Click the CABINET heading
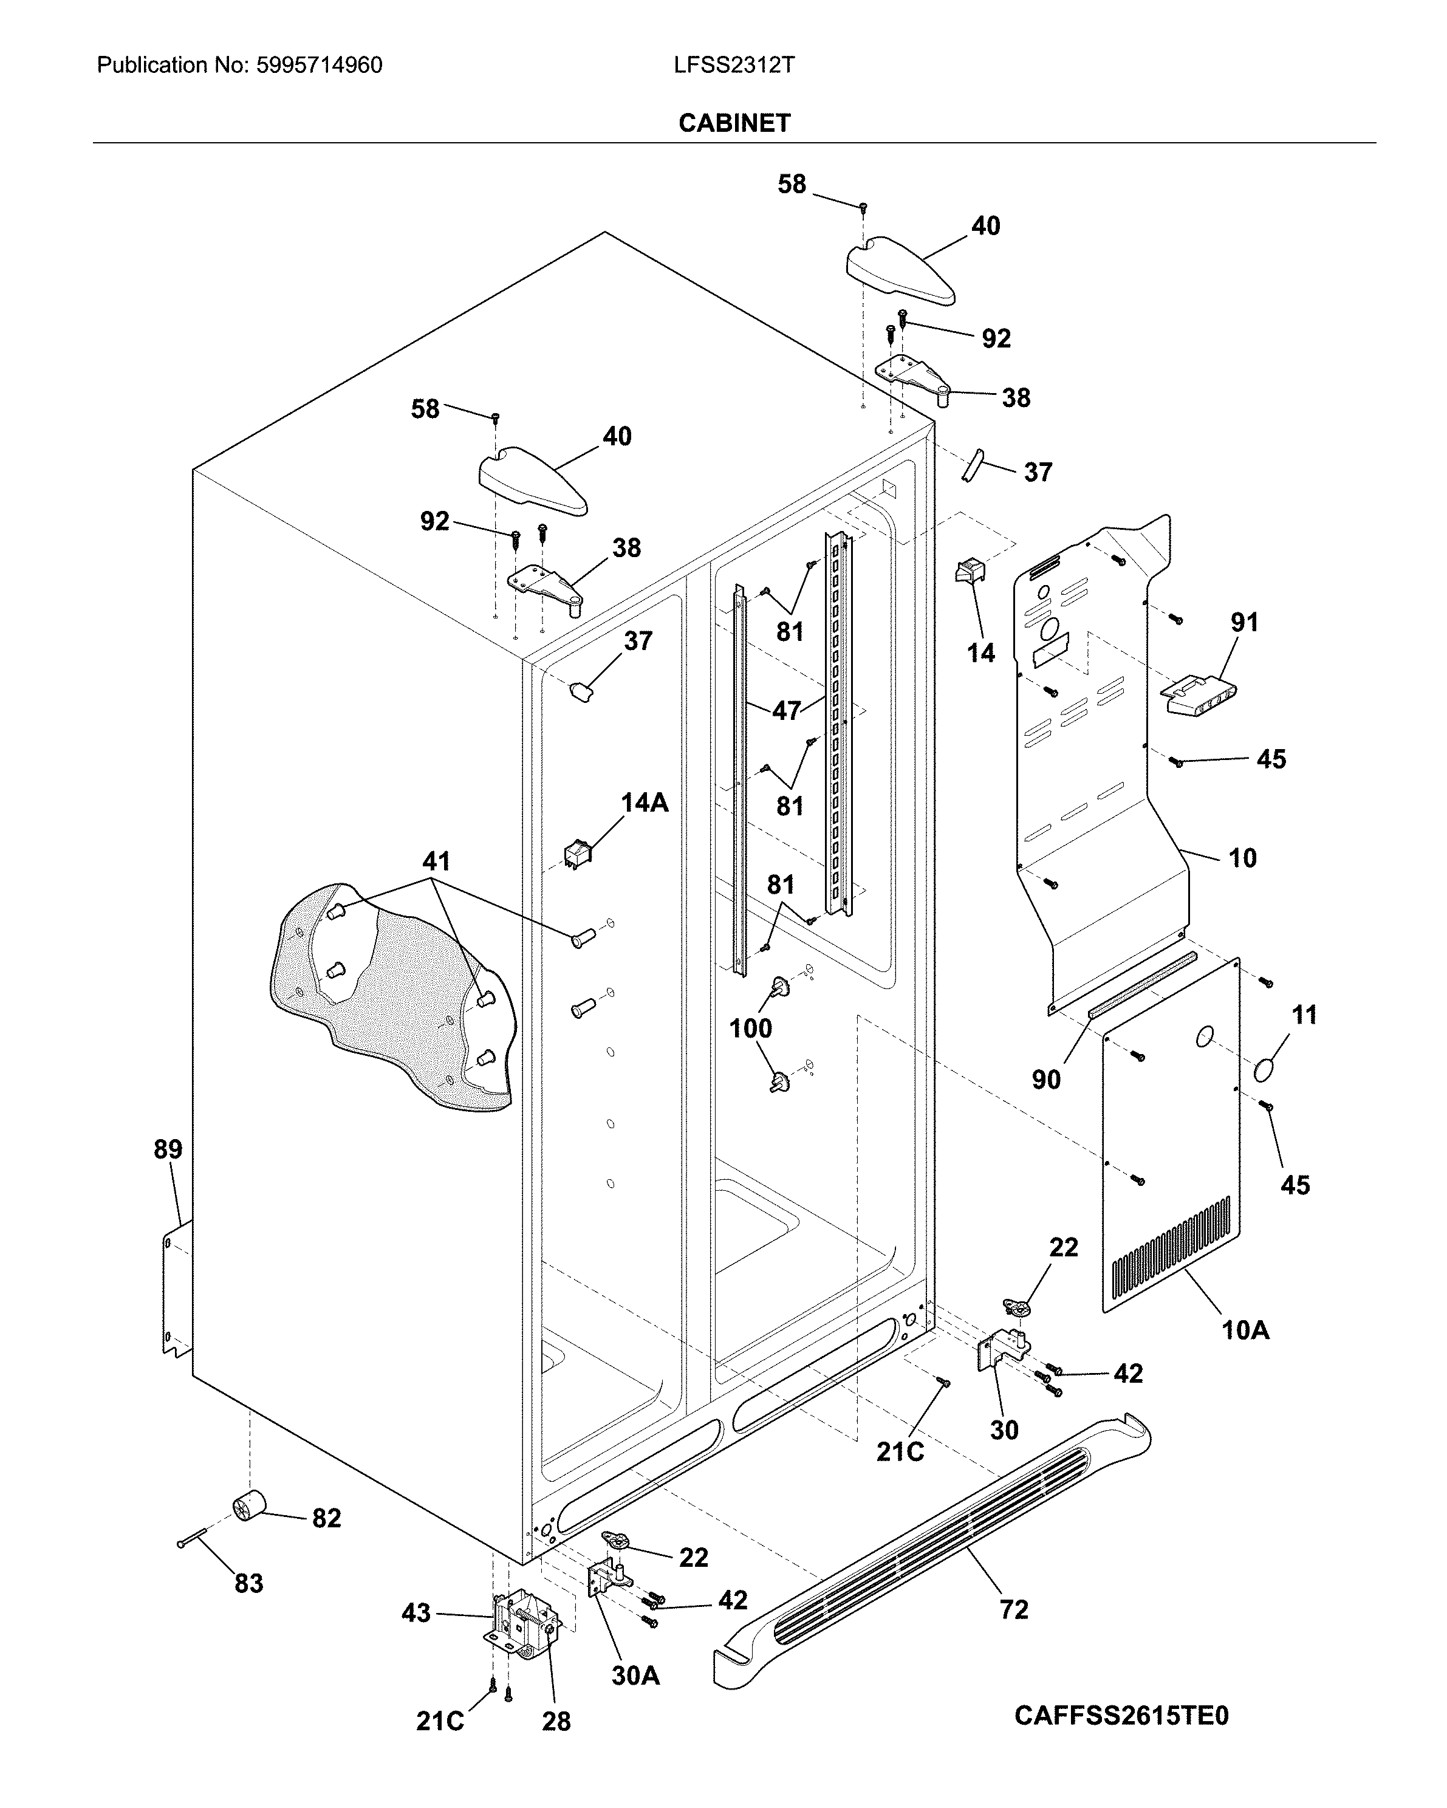pos(734,123)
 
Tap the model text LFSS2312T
pos(734,66)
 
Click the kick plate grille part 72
pos(931,1548)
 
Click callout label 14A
pos(644,803)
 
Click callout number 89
pos(168,1149)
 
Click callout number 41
pos(436,860)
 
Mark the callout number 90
pos(1046,1079)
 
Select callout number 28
pos(556,1721)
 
